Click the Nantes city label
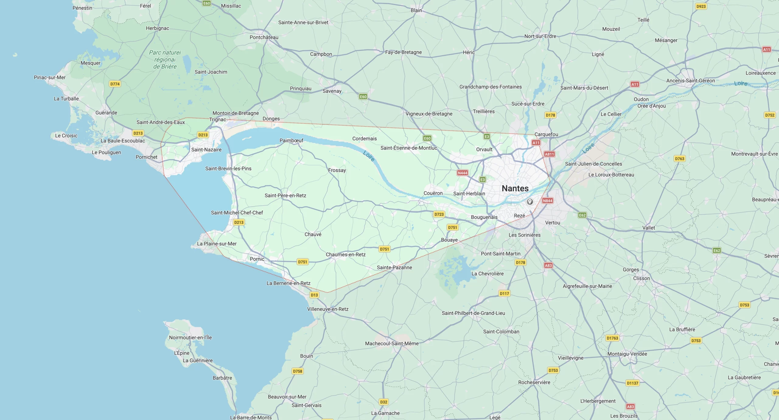pos(515,189)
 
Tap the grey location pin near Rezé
pos(529,202)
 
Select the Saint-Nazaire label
pos(206,150)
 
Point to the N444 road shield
pos(462,173)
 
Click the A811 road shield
pos(549,154)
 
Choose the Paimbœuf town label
pos(291,140)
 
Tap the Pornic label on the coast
pos(257,259)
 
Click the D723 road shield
pos(439,214)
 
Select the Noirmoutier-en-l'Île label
pos(190,337)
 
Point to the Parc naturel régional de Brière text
pos(165,59)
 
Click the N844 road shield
pos(547,201)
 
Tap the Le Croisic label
pos(66,136)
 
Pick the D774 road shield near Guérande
pos(115,84)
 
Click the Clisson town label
pos(641,278)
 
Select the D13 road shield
pos(314,295)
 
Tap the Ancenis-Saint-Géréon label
pos(690,81)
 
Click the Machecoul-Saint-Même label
pos(392,344)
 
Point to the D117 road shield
pos(504,294)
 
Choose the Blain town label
pos(416,10)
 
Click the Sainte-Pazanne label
pos(394,267)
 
